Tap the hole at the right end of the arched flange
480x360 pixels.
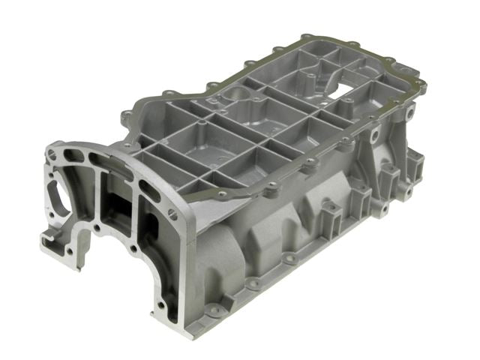(x=174, y=213)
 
